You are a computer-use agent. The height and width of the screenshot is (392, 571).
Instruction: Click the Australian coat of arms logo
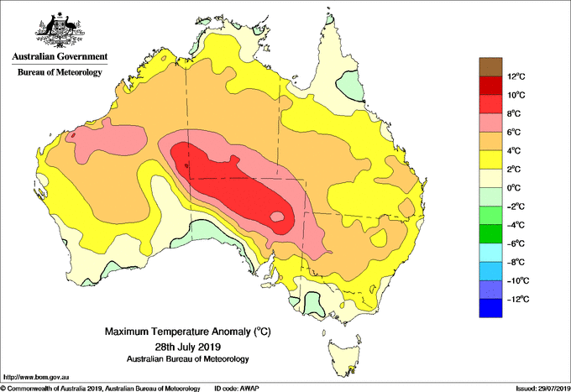click(x=60, y=30)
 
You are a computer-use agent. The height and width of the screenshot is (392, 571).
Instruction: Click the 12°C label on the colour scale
click(x=516, y=76)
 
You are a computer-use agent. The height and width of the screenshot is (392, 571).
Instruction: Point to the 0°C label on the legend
click(x=514, y=188)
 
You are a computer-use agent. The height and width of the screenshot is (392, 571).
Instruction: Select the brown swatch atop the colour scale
click(x=490, y=67)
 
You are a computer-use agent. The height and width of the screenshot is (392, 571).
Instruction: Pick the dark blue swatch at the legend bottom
click(x=490, y=308)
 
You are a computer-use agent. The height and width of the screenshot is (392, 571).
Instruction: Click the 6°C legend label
click(x=514, y=133)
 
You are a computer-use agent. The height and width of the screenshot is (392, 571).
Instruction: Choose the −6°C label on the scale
click(x=516, y=244)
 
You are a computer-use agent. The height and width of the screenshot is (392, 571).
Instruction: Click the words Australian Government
click(x=60, y=56)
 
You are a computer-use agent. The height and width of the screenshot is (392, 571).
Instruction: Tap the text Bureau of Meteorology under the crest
click(x=60, y=72)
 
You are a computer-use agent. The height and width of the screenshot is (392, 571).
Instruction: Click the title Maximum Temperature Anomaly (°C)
click(x=188, y=332)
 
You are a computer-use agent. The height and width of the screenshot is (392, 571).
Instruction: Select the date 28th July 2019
click(x=188, y=346)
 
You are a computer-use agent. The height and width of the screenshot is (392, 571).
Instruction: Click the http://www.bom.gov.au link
click(x=36, y=378)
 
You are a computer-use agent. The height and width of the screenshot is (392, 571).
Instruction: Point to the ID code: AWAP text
click(x=237, y=389)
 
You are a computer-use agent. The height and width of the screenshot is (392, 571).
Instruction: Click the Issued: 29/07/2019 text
click(x=543, y=389)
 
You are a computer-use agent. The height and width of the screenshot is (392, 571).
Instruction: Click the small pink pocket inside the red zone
click(x=277, y=217)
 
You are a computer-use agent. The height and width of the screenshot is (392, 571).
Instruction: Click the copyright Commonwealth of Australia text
click(x=101, y=389)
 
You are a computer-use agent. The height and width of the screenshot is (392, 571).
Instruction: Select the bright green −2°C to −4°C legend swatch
click(x=490, y=216)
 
